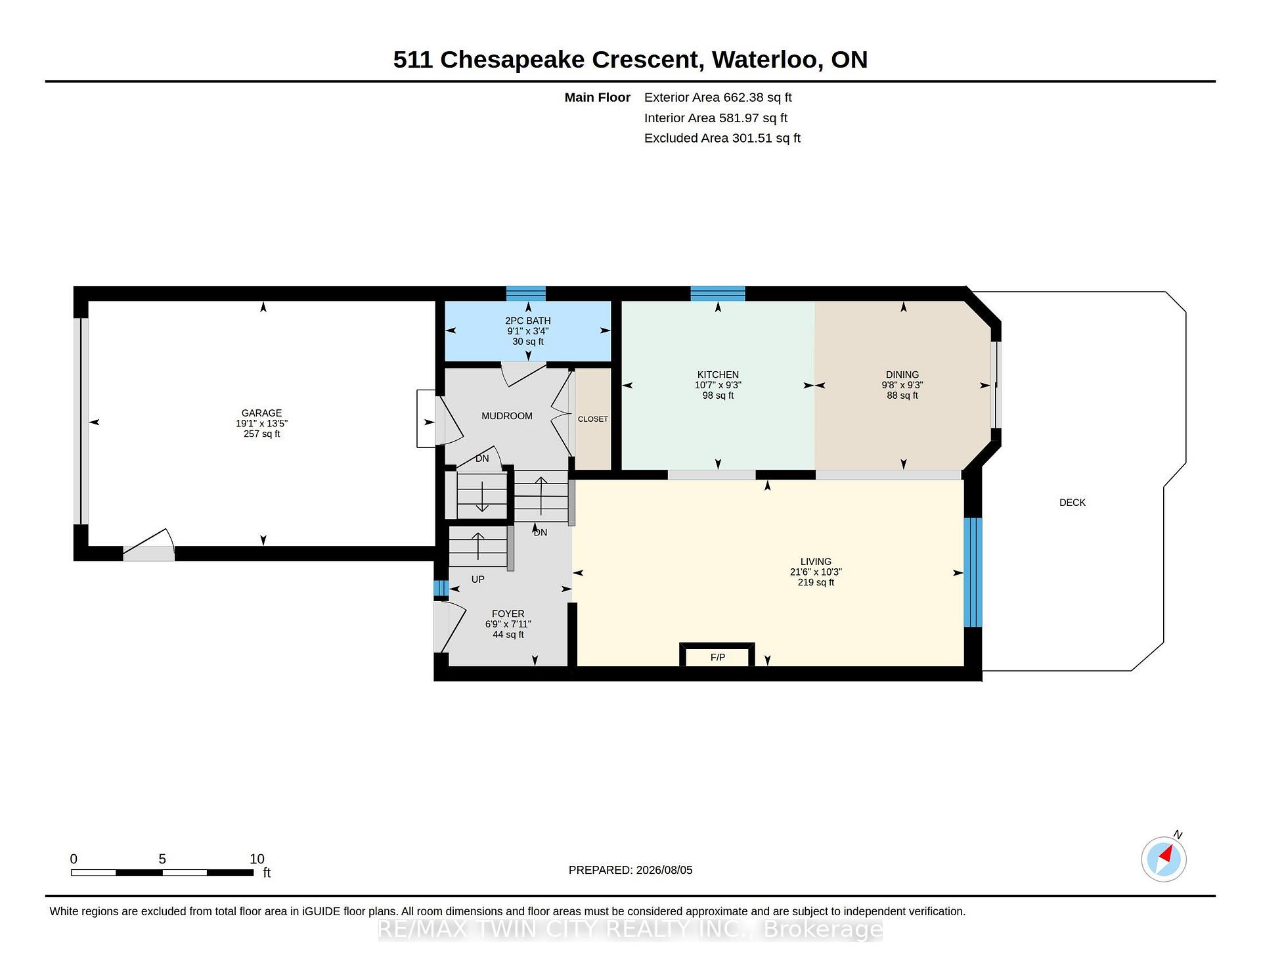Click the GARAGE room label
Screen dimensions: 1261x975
(x=261, y=413)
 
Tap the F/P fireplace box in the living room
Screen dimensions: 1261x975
(x=717, y=655)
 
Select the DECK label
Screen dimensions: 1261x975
(x=1073, y=503)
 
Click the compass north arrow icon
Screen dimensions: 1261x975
(x=1164, y=858)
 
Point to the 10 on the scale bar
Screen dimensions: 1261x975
(x=257, y=859)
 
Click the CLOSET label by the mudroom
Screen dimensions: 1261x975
(x=593, y=419)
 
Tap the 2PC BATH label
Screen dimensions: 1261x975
(x=528, y=321)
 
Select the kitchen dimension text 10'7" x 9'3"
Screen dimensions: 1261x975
(x=718, y=385)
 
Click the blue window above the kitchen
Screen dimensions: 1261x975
(x=717, y=293)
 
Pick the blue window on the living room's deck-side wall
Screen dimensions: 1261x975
(x=973, y=572)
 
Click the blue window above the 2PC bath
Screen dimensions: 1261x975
(x=525, y=293)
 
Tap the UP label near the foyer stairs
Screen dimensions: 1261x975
(x=478, y=579)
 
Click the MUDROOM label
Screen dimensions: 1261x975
(x=507, y=416)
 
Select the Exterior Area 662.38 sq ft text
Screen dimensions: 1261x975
(x=718, y=97)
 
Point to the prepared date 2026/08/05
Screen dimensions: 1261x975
(x=663, y=870)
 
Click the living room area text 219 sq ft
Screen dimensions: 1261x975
(x=816, y=582)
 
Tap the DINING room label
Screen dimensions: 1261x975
(x=902, y=374)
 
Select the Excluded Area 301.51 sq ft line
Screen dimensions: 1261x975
(x=722, y=138)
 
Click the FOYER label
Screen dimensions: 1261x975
(x=508, y=614)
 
